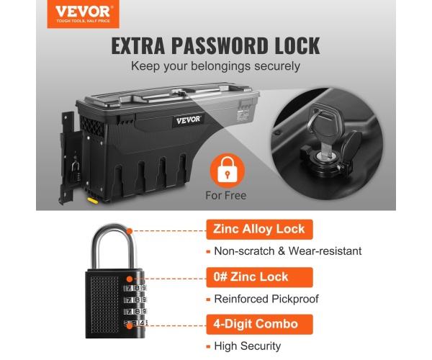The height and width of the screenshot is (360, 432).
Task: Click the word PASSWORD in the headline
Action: point(220,46)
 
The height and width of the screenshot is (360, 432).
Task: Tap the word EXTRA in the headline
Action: point(138,46)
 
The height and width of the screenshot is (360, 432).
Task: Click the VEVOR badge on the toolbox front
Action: point(189,120)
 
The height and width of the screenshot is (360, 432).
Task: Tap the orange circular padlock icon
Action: point(228,171)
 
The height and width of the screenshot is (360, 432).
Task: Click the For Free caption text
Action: point(226,196)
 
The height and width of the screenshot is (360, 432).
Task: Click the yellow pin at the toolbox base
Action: point(93,200)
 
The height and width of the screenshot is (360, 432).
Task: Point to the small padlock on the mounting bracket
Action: point(76,172)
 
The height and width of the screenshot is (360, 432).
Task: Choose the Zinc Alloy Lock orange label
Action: point(259,230)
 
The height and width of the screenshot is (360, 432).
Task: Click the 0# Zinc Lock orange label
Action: point(259,277)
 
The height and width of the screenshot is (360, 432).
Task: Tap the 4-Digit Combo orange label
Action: point(259,324)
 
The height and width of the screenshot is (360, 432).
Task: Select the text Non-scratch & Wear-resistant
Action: point(288,251)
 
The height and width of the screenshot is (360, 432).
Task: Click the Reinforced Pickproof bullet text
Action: point(266,299)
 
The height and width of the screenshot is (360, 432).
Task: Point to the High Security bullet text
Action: point(248,346)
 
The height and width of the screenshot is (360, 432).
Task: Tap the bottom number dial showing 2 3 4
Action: point(135,323)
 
